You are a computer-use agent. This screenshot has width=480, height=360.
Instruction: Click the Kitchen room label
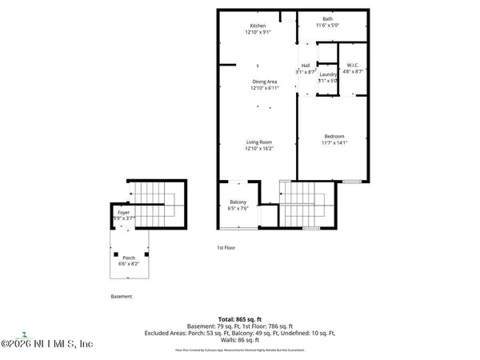[x=258, y=26]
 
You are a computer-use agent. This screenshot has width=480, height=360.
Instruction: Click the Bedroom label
[x=334, y=135]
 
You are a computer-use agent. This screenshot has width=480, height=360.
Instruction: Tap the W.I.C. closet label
[x=353, y=65]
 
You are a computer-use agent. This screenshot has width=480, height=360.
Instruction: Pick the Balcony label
[x=238, y=202]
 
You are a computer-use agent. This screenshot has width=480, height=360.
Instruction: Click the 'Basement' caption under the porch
[x=122, y=296]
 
